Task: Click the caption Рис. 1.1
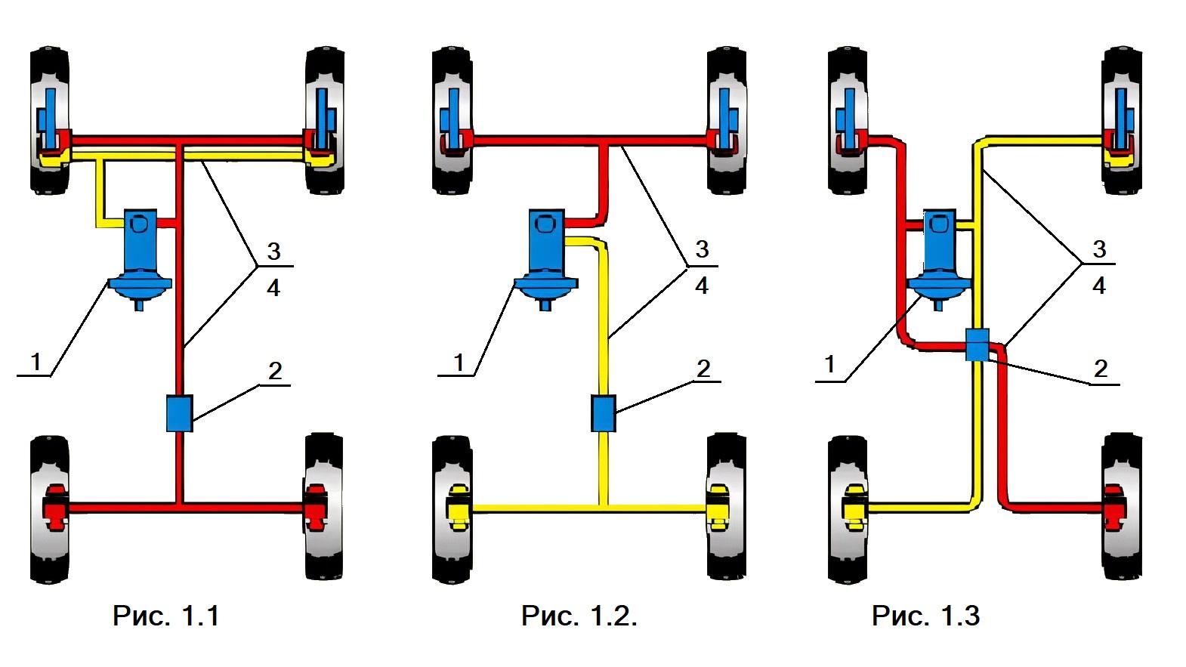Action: click(166, 616)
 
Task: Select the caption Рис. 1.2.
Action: click(579, 616)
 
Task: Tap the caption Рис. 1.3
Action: click(925, 616)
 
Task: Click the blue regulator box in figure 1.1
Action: click(180, 413)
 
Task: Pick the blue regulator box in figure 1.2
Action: click(602, 413)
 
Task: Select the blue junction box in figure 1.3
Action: click(978, 344)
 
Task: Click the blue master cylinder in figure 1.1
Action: click(141, 257)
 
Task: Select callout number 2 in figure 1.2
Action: click(703, 369)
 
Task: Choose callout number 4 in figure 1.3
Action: click(1099, 286)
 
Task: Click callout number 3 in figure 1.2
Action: click(702, 249)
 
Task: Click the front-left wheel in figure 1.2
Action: click(452, 121)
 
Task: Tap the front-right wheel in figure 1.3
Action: click(1121, 121)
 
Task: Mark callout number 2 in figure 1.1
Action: click(275, 370)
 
